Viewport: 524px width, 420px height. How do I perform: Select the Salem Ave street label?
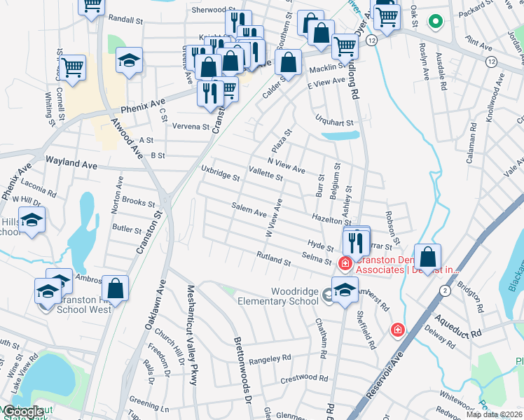[x=249, y=209]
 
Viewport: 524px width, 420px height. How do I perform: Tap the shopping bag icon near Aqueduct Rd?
[x=428, y=256]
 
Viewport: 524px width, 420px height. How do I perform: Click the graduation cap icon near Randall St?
[x=129, y=61]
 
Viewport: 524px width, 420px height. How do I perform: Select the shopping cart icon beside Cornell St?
[x=73, y=68]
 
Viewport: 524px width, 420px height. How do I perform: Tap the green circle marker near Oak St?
[x=435, y=22]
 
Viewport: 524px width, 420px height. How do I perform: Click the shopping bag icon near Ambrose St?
[x=116, y=288]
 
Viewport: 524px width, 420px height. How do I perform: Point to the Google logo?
[x=22, y=412]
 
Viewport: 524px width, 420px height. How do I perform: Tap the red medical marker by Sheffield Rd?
[x=397, y=329]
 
